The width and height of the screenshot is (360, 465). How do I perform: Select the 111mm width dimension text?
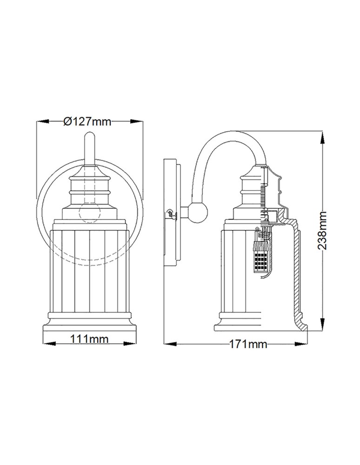[x=89, y=339]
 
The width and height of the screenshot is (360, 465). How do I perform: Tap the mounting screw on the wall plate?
[x=170, y=213]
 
